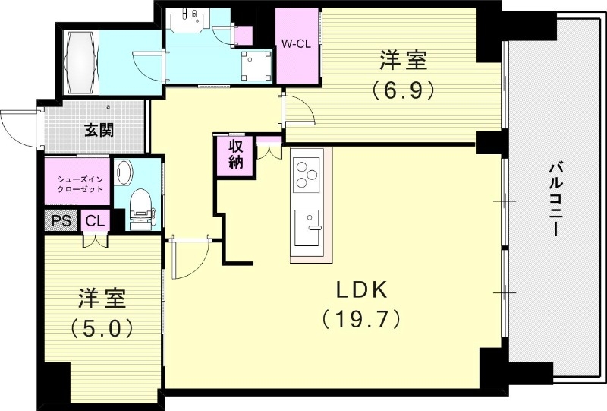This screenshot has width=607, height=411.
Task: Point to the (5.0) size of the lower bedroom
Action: [102, 328]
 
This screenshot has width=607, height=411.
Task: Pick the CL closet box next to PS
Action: [95, 221]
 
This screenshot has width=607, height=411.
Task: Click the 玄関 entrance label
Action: [99, 130]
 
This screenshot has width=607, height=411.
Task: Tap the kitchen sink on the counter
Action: [309, 226]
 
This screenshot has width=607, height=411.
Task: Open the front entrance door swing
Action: [19, 125]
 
